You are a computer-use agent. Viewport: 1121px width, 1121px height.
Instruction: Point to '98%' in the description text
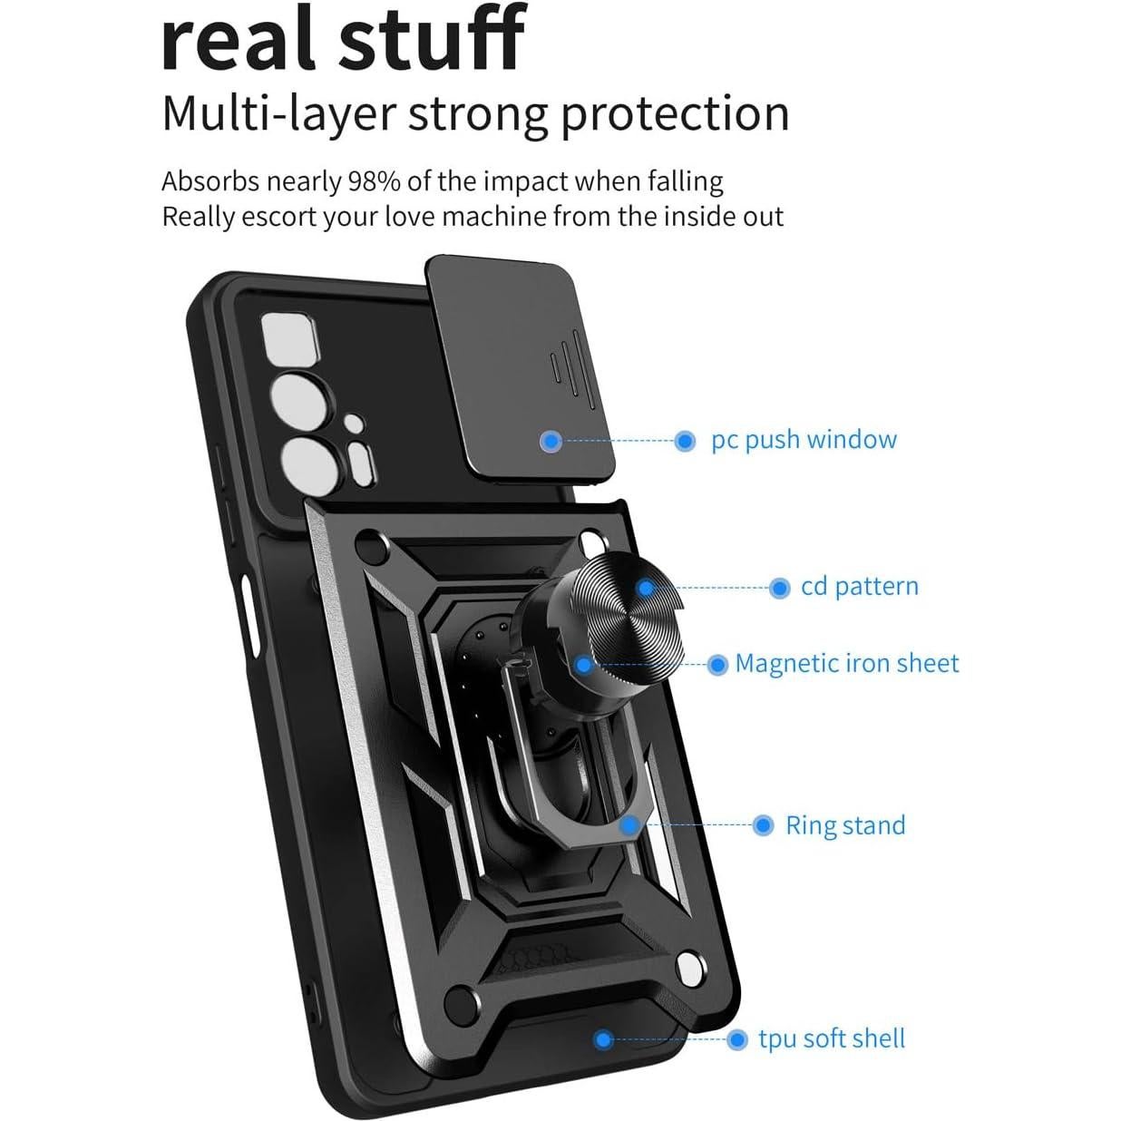(375, 181)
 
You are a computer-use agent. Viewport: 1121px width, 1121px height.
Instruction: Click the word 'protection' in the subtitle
(675, 115)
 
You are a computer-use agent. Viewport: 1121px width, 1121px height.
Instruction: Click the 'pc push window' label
(804, 440)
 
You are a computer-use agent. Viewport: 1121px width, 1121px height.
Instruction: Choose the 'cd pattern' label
(859, 587)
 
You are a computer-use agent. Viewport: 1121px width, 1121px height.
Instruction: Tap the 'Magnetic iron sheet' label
(846, 664)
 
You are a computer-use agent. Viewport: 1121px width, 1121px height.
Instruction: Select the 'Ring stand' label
(845, 825)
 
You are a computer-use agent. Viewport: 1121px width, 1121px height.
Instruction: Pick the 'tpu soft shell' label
(832, 1038)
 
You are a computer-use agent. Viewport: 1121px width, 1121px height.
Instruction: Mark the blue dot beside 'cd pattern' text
(779, 589)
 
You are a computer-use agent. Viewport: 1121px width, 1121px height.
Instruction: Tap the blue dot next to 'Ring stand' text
(764, 825)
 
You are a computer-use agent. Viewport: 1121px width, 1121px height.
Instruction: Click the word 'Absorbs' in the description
(210, 181)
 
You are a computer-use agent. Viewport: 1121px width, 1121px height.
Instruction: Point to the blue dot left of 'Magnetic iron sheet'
(717, 665)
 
